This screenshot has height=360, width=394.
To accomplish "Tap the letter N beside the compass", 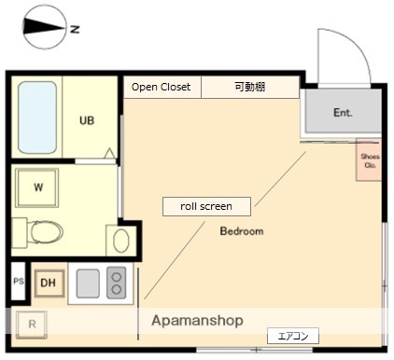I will point(75,29).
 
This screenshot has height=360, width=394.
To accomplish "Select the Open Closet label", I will point(161,87).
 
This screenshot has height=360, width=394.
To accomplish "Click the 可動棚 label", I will point(249,87).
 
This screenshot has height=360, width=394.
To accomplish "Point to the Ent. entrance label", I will point(343,113).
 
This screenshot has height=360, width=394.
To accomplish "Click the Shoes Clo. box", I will point(370,160).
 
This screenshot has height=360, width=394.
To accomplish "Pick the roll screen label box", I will point(206,206).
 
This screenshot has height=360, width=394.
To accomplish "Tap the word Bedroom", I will point(242,230).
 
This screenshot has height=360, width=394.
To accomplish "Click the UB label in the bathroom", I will point(86,120).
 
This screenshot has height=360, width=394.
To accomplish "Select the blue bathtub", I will point(37,118).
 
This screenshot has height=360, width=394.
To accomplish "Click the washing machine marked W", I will point(38,187).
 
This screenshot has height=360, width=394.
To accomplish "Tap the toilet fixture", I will point(41,230).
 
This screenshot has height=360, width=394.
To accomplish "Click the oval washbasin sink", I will point(120,241).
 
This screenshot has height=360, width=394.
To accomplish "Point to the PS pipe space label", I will point(18,281).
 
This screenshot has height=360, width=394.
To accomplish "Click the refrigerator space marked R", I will point(32,325).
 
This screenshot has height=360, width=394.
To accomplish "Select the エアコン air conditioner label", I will point(293,336).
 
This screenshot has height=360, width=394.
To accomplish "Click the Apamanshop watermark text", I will point(197,320).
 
